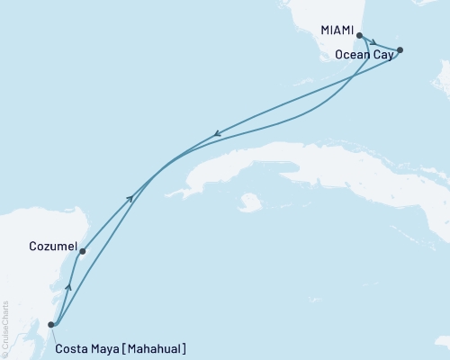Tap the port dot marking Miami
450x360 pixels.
(360, 36)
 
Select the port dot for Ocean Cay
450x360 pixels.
(400, 50)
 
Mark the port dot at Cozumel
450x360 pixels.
(82, 252)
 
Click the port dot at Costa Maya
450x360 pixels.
(51, 325)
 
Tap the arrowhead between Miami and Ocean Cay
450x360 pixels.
(373, 42)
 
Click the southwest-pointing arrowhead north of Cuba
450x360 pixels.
(216, 136)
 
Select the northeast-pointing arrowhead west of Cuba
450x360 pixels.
(131, 197)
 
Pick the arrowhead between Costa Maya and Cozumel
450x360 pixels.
(68, 289)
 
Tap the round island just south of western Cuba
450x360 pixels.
(250, 203)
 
